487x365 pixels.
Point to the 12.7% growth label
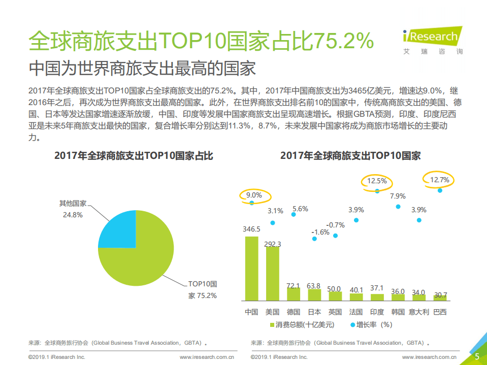tap(440, 180)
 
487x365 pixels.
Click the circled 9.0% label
tap(254, 194)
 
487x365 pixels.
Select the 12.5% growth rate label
tap(377, 180)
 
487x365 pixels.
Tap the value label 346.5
tap(251, 229)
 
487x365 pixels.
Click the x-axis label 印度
tap(377, 312)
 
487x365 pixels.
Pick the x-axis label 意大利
tap(419, 312)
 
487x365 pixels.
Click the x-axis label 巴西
tap(440, 312)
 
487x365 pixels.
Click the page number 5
tap(477, 356)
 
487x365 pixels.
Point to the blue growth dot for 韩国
tap(398, 207)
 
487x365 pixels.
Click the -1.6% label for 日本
tap(321, 231)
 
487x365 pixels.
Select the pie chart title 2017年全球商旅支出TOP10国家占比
tap(134, 156)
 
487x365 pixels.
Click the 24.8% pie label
tap(72, 215)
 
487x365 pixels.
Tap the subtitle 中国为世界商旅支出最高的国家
tap(142, 68)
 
